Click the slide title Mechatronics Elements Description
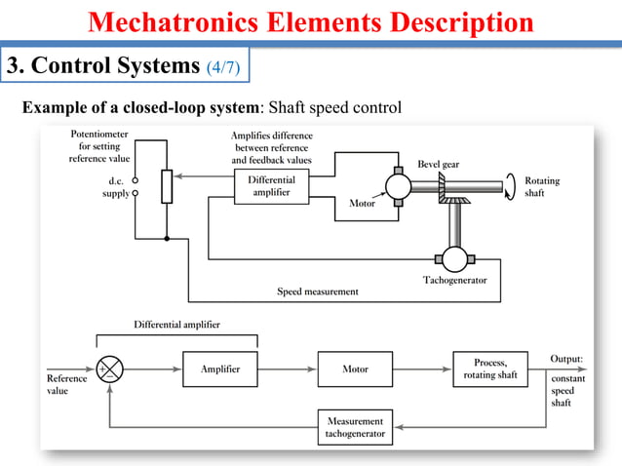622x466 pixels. (x=311, y=21)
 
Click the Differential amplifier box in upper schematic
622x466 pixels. (x=271, y=187)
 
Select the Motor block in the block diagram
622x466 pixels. (x=355, y=369)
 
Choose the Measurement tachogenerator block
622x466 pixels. (x=355, y=427)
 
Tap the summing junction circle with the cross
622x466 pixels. (x=110, y=370)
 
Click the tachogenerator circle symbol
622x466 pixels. (x=454, y=258)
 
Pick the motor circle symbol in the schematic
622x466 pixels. (x=400, y=184)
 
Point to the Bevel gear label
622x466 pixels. (x=438, y=164)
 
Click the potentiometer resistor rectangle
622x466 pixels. (x=166, y=186)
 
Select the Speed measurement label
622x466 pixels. (x=318, y=291)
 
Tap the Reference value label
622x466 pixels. (x=67, y=384)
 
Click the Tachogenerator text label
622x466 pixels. (x=455, y=281)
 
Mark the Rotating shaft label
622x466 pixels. (x=541, y=186)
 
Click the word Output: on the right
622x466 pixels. (x=566, y=359)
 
